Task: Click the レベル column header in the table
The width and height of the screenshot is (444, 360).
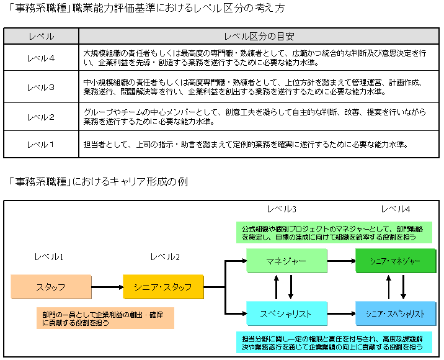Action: [x=41, y=37]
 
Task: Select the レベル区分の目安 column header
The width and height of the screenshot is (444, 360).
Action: [x=259, y=37]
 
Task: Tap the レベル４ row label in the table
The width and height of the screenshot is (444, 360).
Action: [x=41, y=58]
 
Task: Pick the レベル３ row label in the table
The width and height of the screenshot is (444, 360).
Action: [x=41, y=88]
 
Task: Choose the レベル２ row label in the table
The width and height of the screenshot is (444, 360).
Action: [x=41, y=117]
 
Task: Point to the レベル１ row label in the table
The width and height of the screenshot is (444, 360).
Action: [x=41, y=145]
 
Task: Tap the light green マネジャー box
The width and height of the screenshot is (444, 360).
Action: [x=286, y=261]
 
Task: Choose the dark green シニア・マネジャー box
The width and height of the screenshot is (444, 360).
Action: [x=395, y=261]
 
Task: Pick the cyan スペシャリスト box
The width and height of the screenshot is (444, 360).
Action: [x=286, y=313]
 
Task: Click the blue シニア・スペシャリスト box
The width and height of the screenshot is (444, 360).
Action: [x=395, y=313]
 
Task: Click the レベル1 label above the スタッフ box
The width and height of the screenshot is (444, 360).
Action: [x=50, y=256]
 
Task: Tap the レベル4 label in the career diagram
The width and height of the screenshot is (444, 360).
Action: [x=395, y=209]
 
